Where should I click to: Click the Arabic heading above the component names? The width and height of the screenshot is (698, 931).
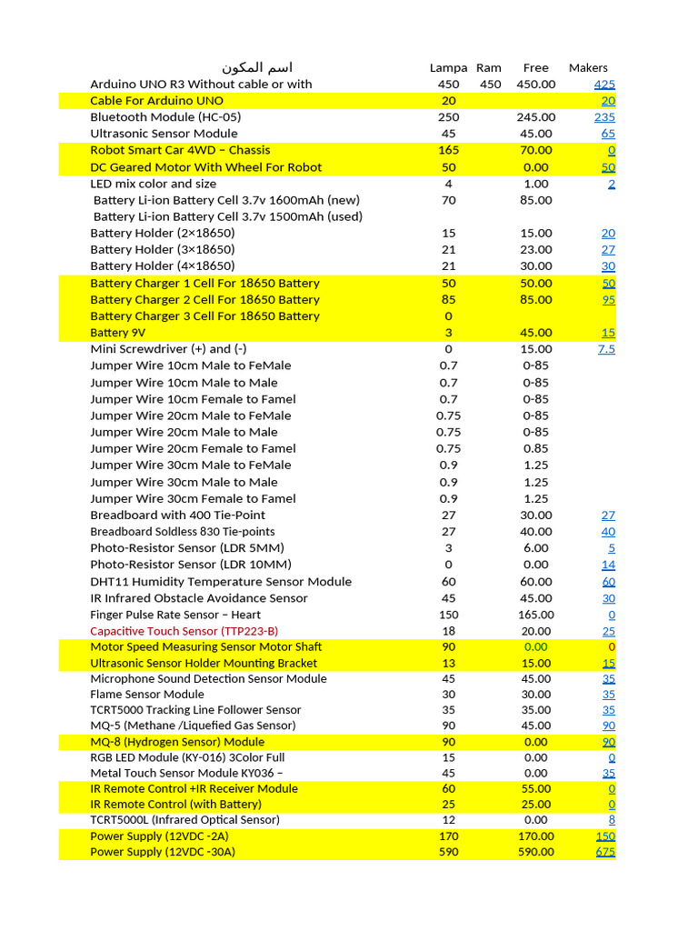click(258, 67)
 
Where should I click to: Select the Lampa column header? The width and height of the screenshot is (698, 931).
click(448, 67)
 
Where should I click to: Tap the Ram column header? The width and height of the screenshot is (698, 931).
click(489, 67)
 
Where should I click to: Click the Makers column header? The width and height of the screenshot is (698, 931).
click(588, 67)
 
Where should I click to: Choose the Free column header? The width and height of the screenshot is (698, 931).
click(536, 67)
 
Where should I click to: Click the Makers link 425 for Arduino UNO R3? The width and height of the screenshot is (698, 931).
click(604, 85)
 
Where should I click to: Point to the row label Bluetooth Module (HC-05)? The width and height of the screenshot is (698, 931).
click(165, 117)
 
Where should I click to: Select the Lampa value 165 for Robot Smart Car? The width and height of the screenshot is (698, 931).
click(448, 150)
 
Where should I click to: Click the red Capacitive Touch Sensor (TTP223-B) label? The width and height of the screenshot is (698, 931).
click(184, 631)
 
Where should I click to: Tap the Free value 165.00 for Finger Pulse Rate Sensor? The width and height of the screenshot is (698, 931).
click(536, 615)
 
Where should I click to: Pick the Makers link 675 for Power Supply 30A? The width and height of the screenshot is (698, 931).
click(605, 852)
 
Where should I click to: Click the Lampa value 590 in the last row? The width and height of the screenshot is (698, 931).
click(448, 852)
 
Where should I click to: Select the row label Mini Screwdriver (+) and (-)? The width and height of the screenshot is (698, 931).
click(168, 349)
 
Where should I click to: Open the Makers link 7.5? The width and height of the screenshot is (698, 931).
click(606, 349)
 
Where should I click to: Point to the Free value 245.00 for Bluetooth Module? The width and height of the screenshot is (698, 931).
click(536, 117)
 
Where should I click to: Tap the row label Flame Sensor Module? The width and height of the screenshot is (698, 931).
click(147, 694)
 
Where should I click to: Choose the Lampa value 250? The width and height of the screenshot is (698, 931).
click(448, 117)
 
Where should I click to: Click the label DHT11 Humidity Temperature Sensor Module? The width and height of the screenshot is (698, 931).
click(221, 582)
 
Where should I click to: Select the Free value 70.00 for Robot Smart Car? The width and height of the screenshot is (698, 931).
click(536, 150)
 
